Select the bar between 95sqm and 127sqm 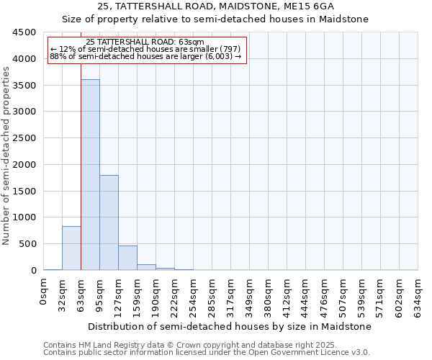(109, 222)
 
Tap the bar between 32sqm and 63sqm (71, 248)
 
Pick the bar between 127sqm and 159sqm (127, 258)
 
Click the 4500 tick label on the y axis (24, 32)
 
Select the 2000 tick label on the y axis (24, 165)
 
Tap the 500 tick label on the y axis (27, 244)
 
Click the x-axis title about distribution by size (231, 326)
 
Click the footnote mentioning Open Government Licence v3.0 (207, 352)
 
